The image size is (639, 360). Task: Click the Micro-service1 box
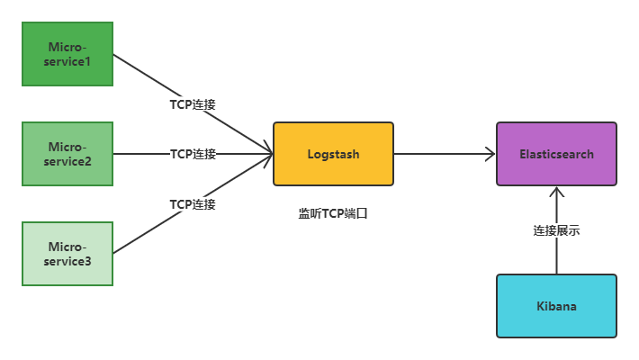67,54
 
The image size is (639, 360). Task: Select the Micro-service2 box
67,154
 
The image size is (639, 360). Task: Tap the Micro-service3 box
67,254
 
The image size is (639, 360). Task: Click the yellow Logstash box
333,154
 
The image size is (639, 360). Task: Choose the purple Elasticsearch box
556,154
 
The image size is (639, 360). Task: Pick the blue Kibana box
556,306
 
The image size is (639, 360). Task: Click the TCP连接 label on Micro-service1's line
193,104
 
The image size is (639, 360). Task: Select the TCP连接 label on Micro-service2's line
193,154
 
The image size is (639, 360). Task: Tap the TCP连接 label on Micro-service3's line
193,204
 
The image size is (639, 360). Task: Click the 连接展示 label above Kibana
556,231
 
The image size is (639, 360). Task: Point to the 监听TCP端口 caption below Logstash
333,214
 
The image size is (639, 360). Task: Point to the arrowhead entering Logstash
267,154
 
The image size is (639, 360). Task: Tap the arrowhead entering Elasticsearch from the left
490,154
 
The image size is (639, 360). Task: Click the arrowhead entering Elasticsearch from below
556,192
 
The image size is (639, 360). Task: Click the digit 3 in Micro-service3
88,261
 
